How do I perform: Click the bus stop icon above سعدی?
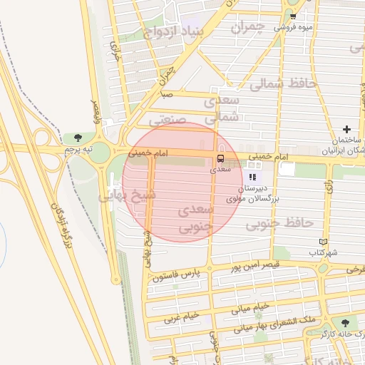pyautogui.click(x=220, y=158)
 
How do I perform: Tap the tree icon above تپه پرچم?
pyautogui.click(x=78, y=138)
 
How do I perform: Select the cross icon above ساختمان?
pyautogui.click(x=346, y=129)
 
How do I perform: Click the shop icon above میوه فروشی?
pyautogui.click(x=293, y=15)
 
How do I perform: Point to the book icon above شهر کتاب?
pyautogui.click(x=324, y=242)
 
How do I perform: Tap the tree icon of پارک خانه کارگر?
pyautogui.click(x=345, y=322)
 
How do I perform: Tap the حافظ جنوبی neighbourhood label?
pyautogui.click(x=280, y=224)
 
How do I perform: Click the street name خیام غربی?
pyautogui.click(x=174, y=317)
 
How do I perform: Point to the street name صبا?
pyautogui.click(x=166, y=94)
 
